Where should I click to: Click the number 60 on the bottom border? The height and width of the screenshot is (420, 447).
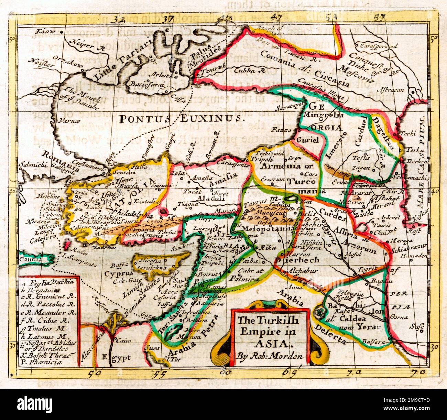point(225,372)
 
